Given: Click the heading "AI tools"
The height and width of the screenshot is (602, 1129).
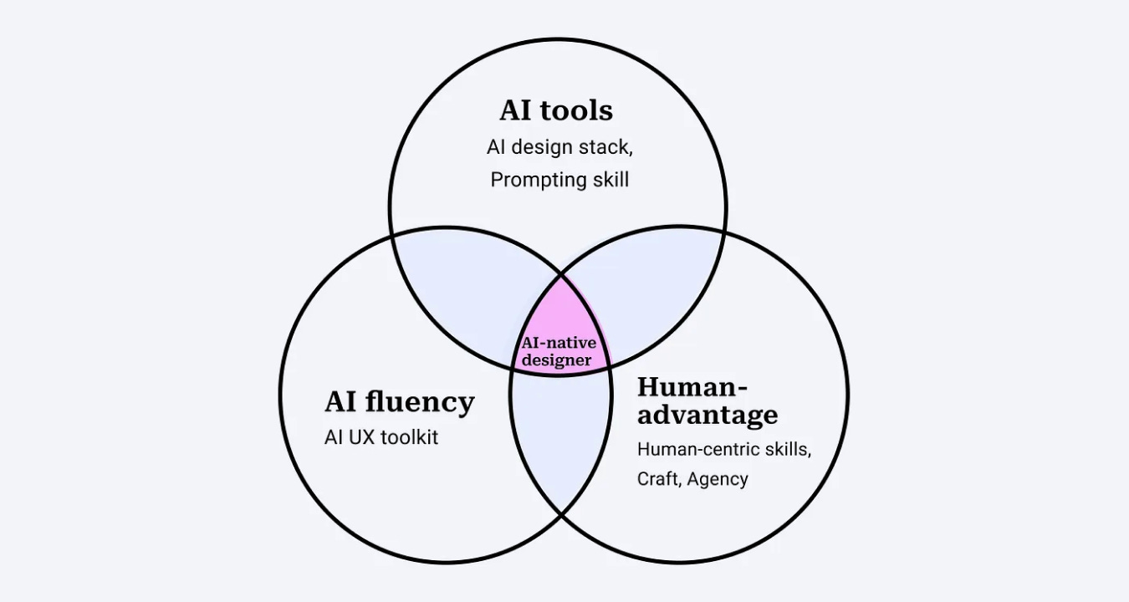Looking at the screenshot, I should pyautogui.click(x=556, y=110).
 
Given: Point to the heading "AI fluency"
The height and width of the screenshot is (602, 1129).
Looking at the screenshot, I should pyautogui.click(x=399, y=402).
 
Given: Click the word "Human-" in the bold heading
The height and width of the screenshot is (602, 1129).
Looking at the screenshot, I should pyautogui.click(x=692, y=387).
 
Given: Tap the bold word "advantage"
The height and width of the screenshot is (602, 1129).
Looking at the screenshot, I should pyautogui.click(x=707, y=414).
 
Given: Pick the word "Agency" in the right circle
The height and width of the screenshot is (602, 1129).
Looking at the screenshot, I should pyautogui.click(x=718, y=480).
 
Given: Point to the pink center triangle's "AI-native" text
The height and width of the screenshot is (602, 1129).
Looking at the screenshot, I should pyautogui.click(x=559, y=343).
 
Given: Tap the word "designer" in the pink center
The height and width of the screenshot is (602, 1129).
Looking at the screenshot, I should pyautogui.click(x=557, y=360).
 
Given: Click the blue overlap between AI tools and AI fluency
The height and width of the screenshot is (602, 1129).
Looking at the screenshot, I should pyautogui.click(x=468, y=293).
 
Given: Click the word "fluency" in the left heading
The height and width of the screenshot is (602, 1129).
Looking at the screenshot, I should pyautogui.click(x=420, y=402).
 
